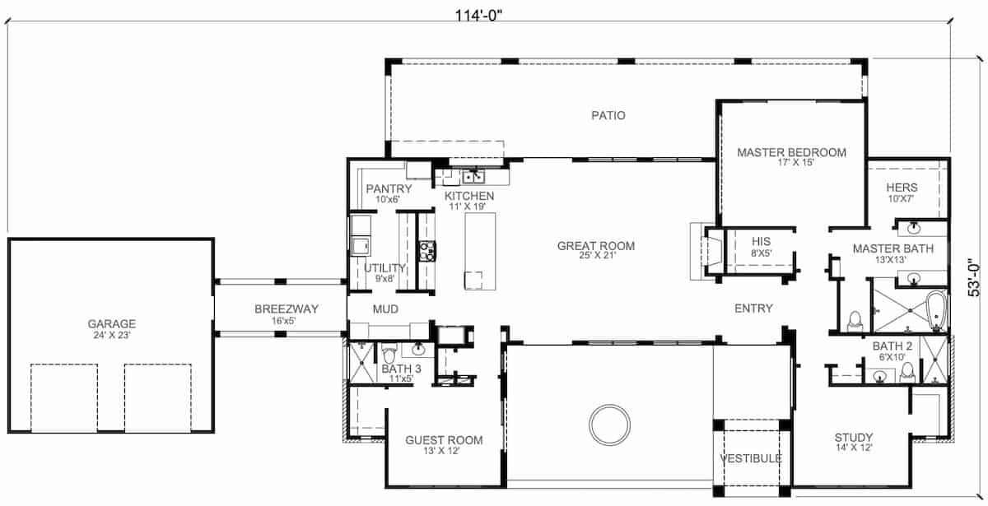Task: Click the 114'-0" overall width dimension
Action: point(478,16)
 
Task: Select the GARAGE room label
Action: point(112,324)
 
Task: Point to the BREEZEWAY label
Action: point(287,309)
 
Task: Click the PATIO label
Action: point(608,115)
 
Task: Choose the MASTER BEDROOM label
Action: point(792,152)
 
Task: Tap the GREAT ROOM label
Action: point(596,246)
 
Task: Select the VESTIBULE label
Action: point(751,459)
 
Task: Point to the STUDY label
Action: point(854,438)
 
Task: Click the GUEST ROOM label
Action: point(444,440)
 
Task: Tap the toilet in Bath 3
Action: point(389,355)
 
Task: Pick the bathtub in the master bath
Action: point(936,311)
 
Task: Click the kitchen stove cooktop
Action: point(427,251)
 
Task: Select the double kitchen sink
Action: point(473,177)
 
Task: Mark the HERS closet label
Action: point(902,188)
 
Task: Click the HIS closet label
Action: point(762,242)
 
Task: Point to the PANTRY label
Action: point(389,188)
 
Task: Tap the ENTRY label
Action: point(753,309)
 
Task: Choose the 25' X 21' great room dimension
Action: point(597,256)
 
